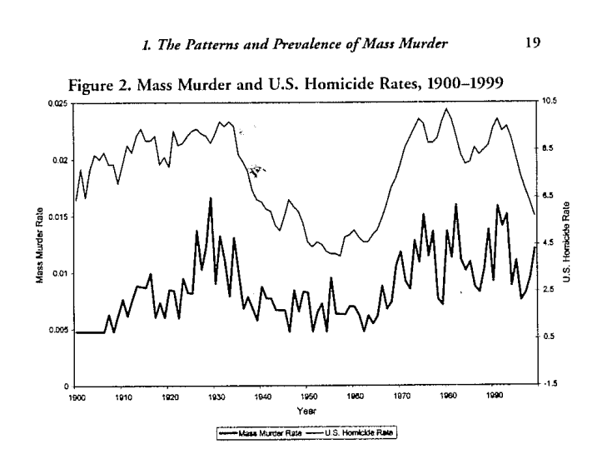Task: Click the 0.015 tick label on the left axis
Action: point(59,216)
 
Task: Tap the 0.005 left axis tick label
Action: point(59,330)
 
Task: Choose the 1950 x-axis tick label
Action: point(307,397)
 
